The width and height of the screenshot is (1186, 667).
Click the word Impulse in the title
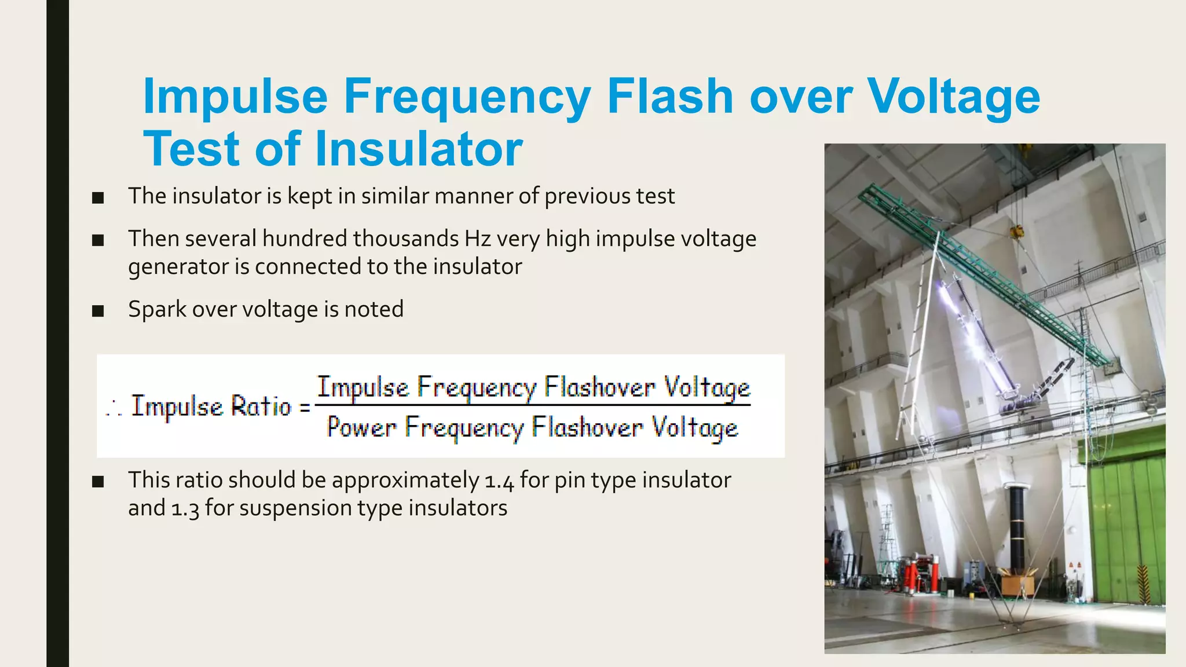click(x=236, y=96)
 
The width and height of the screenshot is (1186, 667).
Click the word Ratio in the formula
click(x=261, y=406)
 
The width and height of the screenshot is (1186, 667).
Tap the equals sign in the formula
click(x=305, y=407)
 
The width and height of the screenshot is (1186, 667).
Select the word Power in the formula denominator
click(x=361, y=427)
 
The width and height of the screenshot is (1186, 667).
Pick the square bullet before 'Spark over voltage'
click(x=98, y=311)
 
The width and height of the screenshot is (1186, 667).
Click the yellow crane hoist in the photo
click(x=1015, y=233)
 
